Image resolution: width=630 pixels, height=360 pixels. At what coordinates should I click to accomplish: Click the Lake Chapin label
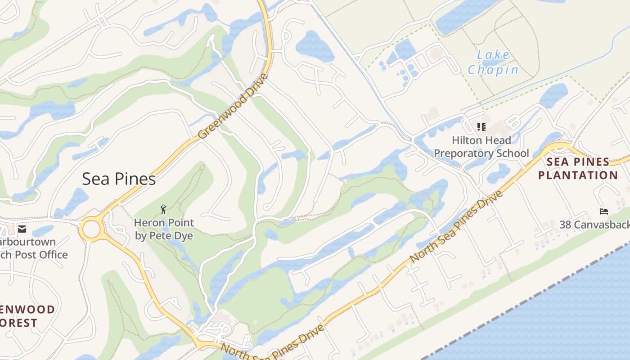pos(493,63)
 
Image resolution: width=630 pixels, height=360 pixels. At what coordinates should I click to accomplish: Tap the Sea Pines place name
pos(119,179)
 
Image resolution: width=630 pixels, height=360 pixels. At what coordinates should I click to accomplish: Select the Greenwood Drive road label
pos(233,107)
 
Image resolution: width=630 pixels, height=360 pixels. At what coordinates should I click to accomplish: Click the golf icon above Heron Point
pos(163,209)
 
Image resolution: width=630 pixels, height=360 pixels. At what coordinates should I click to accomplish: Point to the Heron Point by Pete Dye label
pos(164,229)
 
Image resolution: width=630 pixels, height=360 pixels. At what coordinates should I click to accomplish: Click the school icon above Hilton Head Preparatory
pos(481,127)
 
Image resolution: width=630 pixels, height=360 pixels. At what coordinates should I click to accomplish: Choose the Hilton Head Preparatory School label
pos(481,147)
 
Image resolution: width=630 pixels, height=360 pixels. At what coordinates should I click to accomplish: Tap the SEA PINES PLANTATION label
pos(578,168)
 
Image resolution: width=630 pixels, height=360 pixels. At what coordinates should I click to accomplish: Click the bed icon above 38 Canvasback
pos(604,211)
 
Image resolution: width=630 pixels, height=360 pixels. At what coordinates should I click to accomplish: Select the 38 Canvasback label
pos(594,224)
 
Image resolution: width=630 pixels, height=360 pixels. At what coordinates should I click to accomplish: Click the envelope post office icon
pos(22,229)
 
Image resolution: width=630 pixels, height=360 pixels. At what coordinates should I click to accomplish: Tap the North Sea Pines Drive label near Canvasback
pos(456,227)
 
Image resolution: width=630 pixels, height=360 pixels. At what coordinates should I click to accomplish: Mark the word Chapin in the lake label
pos(493,70)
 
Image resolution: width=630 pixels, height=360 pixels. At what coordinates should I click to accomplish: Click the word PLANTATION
pos(578,175)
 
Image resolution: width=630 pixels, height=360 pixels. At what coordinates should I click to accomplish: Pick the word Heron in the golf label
pos(149,223)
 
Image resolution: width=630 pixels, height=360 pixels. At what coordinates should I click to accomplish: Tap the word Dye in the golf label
pos(184,236)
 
